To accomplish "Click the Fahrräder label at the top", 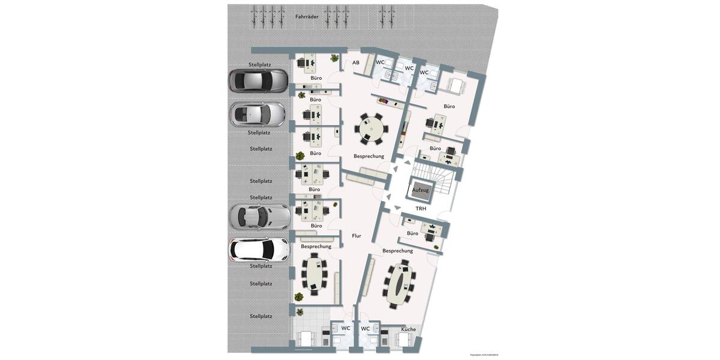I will pos(307,17).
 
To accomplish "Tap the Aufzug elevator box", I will pos(420,190).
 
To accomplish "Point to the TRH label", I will pos(421,209).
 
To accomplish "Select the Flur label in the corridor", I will pos(356,236).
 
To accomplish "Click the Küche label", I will pos(408,329).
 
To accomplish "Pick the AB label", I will pos(356,62).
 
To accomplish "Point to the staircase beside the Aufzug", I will pos(442,179).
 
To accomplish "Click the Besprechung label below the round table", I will pos(368,156).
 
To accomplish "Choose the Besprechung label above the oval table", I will pos(397,251).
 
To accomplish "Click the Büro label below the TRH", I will pos(412,233).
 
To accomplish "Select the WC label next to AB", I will pos(380,62).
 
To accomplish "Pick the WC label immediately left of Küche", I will pos(365,329).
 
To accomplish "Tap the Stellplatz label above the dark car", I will pos(260,64).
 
